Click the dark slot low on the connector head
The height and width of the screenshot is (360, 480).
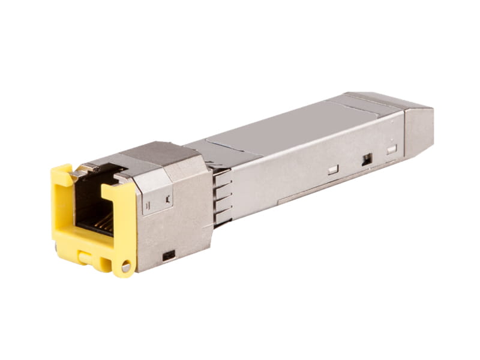[169, 254]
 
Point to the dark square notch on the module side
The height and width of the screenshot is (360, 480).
[367, 159]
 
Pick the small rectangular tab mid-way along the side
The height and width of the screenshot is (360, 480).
[333, 170]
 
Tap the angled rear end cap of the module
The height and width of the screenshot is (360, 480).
[418, 129]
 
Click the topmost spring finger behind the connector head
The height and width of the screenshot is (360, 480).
[222, 173]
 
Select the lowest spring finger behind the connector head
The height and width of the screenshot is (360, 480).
[223, 217]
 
